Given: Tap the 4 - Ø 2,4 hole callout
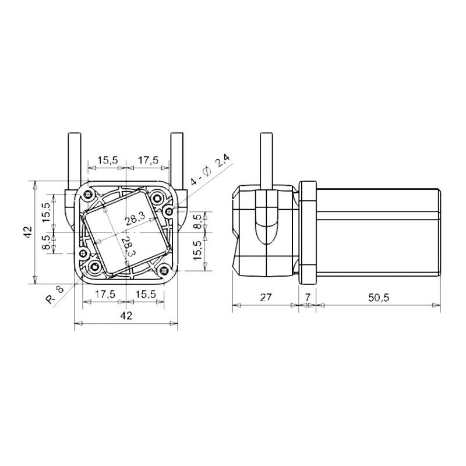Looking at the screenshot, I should [209, 172].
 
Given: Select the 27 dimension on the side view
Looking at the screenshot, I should [265, 297].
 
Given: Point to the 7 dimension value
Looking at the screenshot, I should [307, 297].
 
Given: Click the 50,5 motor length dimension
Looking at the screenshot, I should [379, 297].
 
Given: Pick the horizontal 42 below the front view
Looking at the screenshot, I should [126, 315].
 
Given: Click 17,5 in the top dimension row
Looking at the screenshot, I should [148, 160].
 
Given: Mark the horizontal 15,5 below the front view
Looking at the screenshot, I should [145, 294].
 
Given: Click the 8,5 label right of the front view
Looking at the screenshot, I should [197, 222].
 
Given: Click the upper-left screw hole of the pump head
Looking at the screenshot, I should [88, 194].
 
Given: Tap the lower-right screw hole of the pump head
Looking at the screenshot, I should [165, 270].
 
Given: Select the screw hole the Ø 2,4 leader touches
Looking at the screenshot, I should [169, 208].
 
